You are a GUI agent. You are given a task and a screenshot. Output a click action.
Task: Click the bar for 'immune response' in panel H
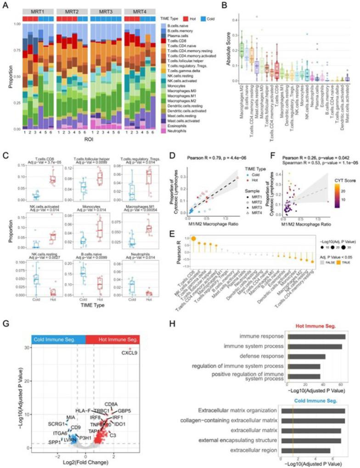pyautogui.click(x=316, y=337)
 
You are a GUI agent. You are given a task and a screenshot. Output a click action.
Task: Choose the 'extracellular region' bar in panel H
pyautogui.click(x=309, y=451)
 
